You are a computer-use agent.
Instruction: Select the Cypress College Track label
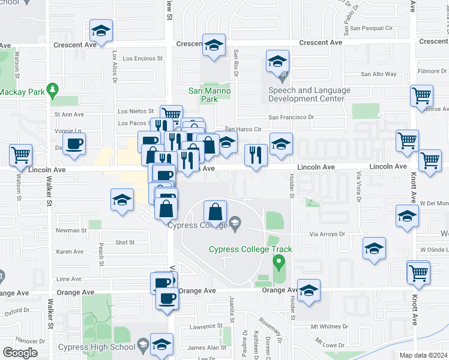pyautogui.click(x=250, y=250)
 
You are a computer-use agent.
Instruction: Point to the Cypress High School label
pyautogui.click(x=97, y=347)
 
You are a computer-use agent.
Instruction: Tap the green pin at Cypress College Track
pyautogui.click(x=278, y=262)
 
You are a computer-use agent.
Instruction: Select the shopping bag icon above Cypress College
pyautogui.click(x=215, y=212)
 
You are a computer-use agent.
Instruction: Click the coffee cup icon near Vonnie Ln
pyautogui.click(x=74, y=144)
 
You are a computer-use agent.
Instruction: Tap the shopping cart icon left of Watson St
pyautogui.click(x=21, y=155)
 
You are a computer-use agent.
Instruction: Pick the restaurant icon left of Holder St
pyautogui.click(x=256, y=155)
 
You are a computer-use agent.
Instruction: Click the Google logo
pyautogui.click(x=20, y=352)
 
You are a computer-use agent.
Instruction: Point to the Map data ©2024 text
pyautogui.click(x=424, y=355)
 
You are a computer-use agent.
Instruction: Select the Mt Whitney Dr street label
pyautogui.click(x=329, y=327)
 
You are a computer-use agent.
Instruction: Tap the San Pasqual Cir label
pyautogui.click(x=371, y=28)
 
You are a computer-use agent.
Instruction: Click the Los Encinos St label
pyautogui.click(x=143, y=59)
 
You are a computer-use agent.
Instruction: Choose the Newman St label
pyautogui.click(x=71, y=230)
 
